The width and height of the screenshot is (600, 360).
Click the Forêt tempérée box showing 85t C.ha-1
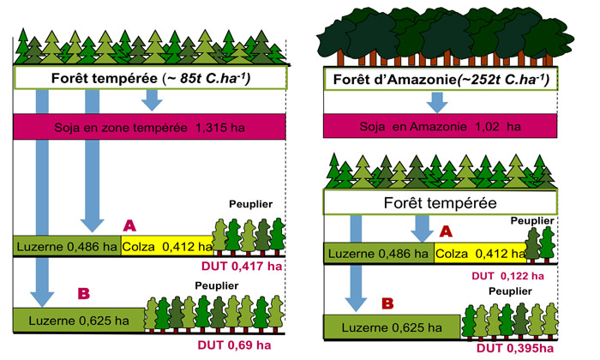pos(150,79)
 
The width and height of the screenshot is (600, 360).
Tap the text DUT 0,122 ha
pos(507,275)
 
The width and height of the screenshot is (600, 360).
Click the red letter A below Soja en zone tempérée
pos(129,225)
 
